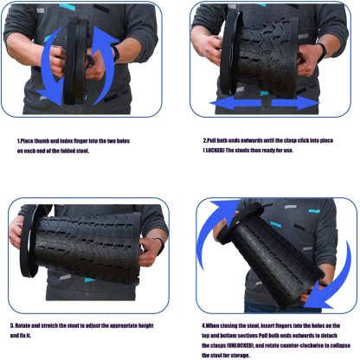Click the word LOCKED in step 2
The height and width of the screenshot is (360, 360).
tap(216, 150)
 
